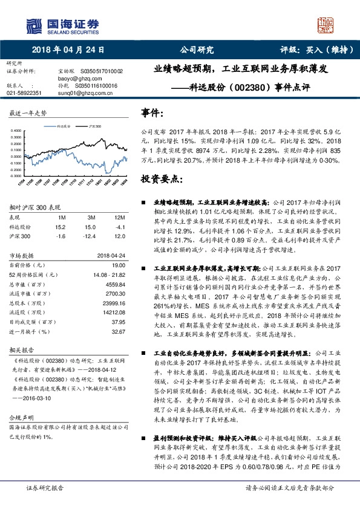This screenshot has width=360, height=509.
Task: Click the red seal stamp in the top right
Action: (326, 24)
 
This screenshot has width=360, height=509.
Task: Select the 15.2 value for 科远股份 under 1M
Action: (60, 226)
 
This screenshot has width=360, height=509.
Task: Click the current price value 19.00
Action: (119, 265)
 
